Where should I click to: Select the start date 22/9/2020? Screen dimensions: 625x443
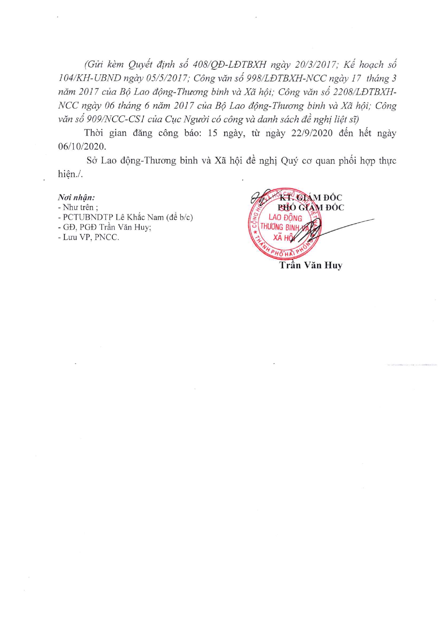point(312,133)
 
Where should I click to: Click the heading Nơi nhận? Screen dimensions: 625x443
point(77,197)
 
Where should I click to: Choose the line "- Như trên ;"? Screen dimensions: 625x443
point(78,207)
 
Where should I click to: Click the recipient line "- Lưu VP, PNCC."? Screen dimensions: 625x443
point(88,237)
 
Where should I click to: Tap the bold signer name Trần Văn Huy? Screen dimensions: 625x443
point(311,265)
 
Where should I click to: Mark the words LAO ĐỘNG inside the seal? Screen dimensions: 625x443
point(285,218)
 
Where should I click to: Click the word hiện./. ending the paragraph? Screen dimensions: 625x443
point(70,174)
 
